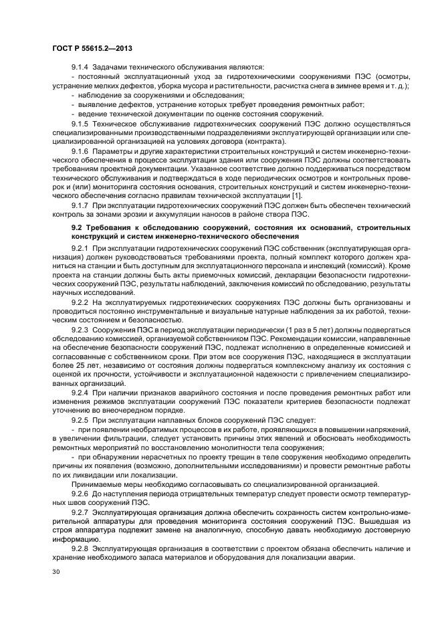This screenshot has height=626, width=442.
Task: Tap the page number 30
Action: click(56, 571)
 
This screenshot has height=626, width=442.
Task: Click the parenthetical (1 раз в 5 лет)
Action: click(300, 330)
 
